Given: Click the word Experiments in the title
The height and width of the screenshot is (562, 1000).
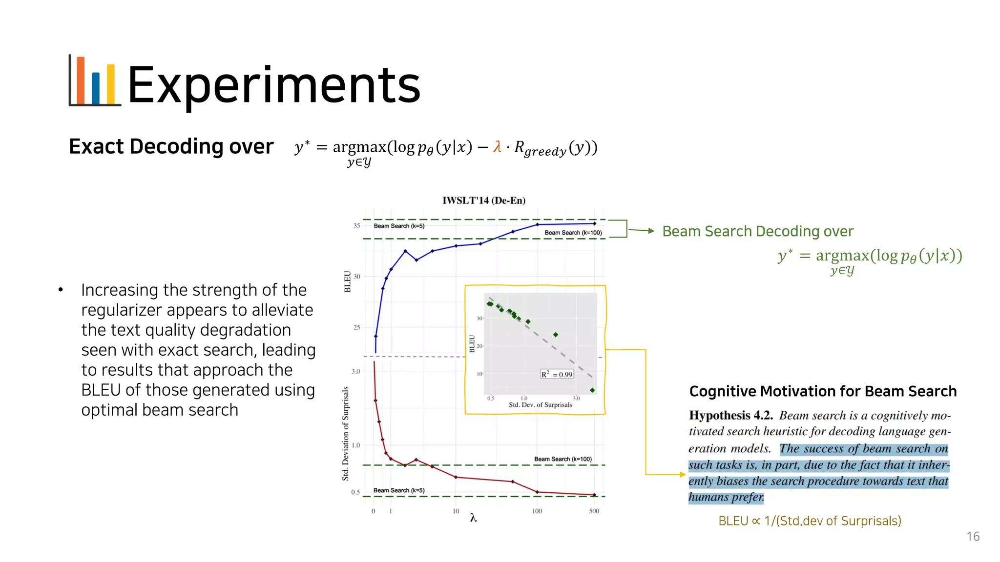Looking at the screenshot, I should [x=273, y=85].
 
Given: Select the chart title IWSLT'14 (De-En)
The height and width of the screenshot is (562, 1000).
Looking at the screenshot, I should [x=484, y=201].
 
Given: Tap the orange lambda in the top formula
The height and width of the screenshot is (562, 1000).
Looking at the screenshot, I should [x=497, y=146].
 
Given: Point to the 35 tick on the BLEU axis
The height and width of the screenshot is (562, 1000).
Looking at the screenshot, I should [x=357, y=226].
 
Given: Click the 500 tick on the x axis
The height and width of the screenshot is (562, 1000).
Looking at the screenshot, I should [x=594, y=511].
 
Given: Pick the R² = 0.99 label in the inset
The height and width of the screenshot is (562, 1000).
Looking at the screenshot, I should [x=557, y=375].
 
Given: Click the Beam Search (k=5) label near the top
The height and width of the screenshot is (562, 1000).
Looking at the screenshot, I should [x=399, y=226].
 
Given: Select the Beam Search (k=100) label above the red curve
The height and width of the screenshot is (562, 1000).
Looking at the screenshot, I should [x=562, y=459].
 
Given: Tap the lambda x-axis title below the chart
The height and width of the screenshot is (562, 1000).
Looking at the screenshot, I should [x=473, y=518].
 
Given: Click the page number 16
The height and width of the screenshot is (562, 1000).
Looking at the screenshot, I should [x=973, y=537].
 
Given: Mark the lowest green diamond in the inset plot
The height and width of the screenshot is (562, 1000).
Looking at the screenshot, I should [x=592, y=390].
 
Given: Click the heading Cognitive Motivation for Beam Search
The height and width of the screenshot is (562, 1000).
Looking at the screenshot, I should [x=823, y=391].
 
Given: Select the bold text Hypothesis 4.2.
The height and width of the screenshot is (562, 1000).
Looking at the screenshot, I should [x=731, y=415].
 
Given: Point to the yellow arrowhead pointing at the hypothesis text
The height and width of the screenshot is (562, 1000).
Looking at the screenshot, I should [x=683, y=474].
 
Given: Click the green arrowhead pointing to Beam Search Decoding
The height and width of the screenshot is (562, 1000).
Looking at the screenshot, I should [x=651, y=231].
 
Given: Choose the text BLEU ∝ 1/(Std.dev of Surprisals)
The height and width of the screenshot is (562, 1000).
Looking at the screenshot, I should [x=810, y=521].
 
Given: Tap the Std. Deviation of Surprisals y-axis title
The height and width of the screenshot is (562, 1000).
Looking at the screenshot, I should [x=346, y=433].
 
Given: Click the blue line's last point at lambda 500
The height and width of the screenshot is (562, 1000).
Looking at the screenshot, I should [x=594, y=223].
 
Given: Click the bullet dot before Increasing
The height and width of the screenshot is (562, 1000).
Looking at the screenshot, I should [x=61, y=290].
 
